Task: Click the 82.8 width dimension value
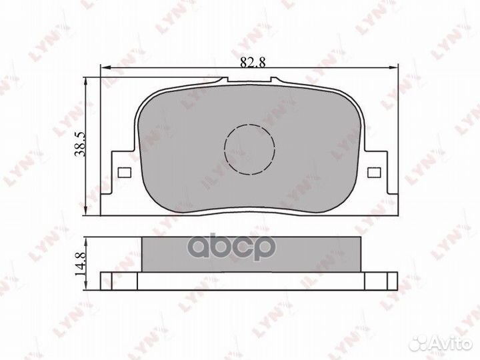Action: pos(253,62)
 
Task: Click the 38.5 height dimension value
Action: pos(81,145)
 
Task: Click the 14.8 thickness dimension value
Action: pos(81,263)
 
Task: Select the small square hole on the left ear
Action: pos(124,173)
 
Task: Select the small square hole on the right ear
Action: pos(374,173)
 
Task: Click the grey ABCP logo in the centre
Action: pos(231,247)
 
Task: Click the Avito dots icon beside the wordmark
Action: pos(419,344)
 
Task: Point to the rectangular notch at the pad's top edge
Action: pos(249,79)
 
